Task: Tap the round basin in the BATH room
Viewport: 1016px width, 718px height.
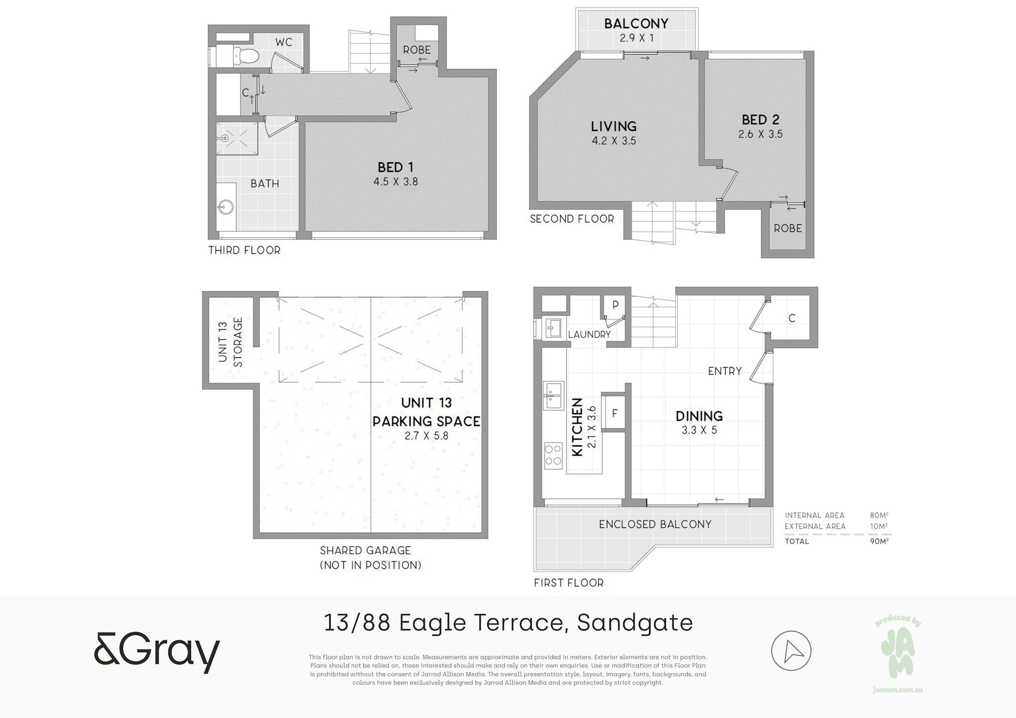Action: point(226,207)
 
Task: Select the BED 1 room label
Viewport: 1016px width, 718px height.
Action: point(396,167)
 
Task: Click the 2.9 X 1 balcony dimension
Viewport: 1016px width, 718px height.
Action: point(636,38)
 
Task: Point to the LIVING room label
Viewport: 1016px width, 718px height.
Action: point(614,126)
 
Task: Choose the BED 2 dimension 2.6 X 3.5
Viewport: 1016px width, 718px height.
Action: point(761,134)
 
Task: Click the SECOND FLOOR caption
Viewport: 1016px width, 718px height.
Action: point(572,219)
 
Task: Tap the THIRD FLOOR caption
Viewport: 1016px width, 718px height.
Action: point(245,250)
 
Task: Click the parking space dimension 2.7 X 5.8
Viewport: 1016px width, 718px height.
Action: point(427,436)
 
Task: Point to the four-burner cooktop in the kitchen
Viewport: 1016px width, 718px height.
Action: point(553,455)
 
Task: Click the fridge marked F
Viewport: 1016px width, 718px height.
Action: point(614,413)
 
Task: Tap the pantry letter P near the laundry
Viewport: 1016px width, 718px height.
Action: point(615,305)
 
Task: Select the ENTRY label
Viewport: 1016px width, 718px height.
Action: point(725,371)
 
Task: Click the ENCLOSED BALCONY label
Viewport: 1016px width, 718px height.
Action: point(655,524)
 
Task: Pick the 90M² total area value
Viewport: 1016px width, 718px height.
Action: point(879,541)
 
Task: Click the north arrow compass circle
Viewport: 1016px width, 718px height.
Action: point(791,651)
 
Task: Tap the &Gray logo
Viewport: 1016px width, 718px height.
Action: point(157,653)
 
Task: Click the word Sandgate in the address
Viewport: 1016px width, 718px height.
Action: point(635,623)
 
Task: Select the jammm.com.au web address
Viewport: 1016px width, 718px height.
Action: point(897,690)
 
